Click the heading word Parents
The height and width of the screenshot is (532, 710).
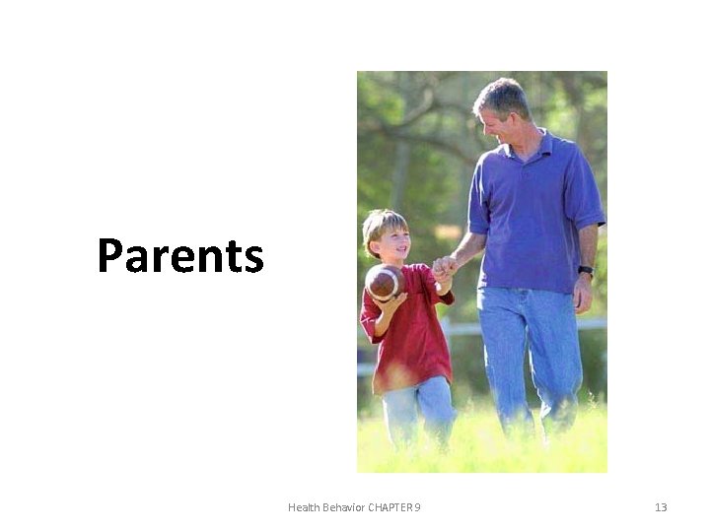click(180, 256)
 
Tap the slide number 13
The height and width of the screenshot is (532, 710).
click(661, 507)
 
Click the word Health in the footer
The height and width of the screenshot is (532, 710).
click(304, 507)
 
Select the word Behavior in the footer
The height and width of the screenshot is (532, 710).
click(343, 507)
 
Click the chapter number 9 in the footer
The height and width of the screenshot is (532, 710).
click(418, 507)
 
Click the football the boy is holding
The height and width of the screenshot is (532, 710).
click(384, 283)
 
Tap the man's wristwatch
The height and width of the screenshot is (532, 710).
click(586, 270)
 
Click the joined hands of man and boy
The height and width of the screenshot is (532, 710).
click(445, 266)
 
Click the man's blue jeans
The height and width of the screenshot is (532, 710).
click(529, 350)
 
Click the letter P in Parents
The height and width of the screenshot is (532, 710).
click(109, 256)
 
